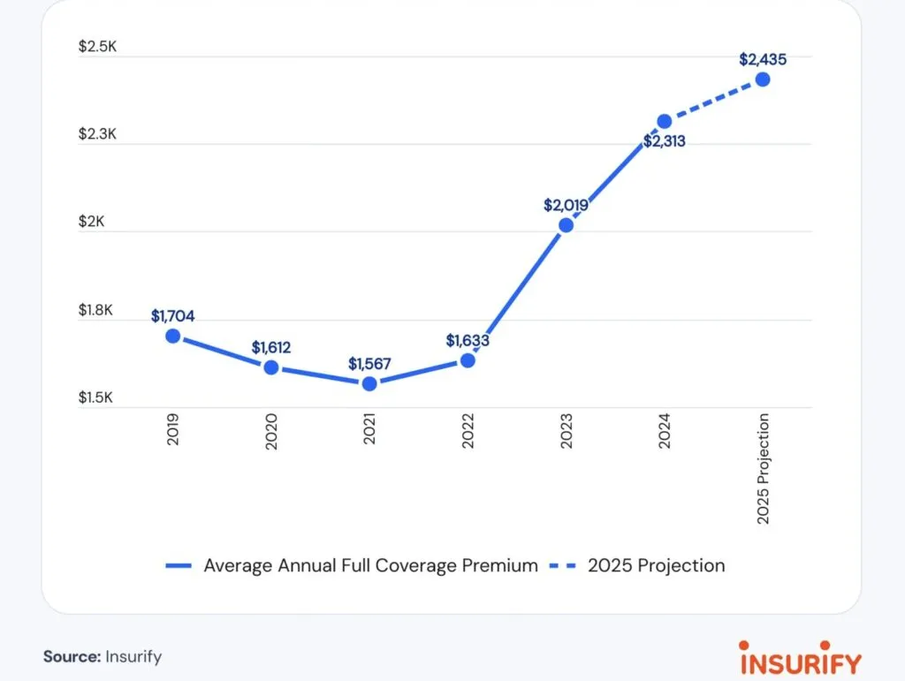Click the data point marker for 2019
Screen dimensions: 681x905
pyautogui.click(x=173, y=336)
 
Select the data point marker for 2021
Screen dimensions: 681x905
pyautogui.click(x=369, y=383)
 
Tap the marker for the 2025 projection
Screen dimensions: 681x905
pyautogui.click(x=763, y=79)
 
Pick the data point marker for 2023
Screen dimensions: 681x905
pyautogui.click(x=567, y=225)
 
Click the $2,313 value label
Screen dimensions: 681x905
pyautogui.click(x=665, y=140)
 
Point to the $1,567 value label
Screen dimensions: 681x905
pyautogui.click(x=369, y=363)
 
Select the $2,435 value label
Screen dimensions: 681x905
pyautogui.click(x=763, y=59)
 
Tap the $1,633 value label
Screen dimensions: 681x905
pyautogui.click(x=468, y=340)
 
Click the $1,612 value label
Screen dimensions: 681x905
pyautogui.click(x=270, y=347)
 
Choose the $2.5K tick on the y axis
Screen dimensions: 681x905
pyautogui.click(x=97, y=47)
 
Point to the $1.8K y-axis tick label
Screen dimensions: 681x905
pyautogui.click(x=97, y=310)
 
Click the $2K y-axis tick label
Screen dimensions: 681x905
pyautogui.click(x=91, y=223)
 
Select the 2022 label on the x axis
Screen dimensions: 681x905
pyautogui.click(x=468, y=431)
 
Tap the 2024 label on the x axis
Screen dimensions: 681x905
pyautogui.click(x=665, y=431)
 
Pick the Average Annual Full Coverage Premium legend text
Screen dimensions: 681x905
pyautogui.click(x=370, y=565)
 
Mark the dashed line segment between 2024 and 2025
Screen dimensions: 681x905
pyautogui.click(x=714, y=100)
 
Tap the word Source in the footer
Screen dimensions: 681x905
pyautogui.click(x=70, y=657)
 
